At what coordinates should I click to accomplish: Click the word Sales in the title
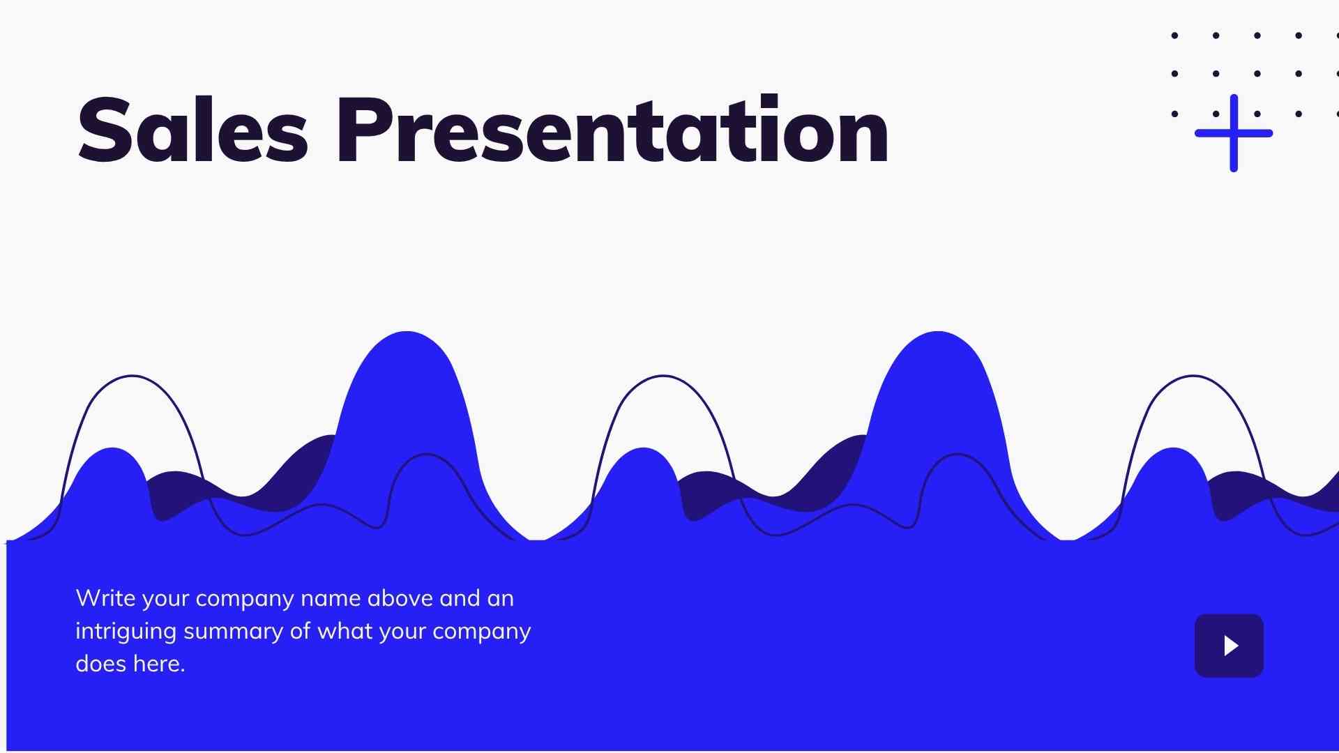coord(192,130)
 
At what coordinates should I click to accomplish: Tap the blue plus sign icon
coord(1233,132)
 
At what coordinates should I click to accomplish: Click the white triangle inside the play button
coord(1231,646)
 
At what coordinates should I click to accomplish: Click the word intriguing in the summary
coord(126,632)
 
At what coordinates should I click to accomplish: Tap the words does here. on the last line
coord(130,664)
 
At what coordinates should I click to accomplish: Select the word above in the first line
coord(400,598)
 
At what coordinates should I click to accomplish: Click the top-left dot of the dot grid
coord(1175,35)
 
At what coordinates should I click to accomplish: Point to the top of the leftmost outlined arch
coord(132,376)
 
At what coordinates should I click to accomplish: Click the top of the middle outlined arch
coord(663,376)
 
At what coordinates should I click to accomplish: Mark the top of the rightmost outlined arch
coord(1193,376)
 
